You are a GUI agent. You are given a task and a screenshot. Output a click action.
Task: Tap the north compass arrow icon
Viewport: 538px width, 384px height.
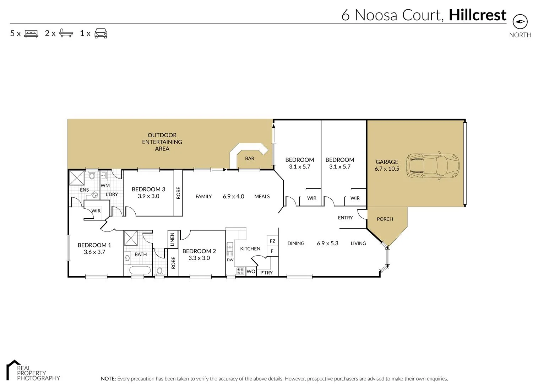tap(520, 22)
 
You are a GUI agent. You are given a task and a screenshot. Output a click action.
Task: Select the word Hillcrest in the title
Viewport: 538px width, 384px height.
tap(477, 15)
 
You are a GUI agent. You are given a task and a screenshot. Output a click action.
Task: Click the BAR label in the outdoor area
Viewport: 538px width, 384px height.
tap(250, 159)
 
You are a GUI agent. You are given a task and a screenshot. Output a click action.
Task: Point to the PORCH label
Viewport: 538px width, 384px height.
tap(385, 219)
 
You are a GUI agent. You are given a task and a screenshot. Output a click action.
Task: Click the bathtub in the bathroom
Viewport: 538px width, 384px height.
tap(140, 270)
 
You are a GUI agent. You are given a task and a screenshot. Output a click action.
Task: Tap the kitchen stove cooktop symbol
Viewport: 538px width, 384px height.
tap(240, 271)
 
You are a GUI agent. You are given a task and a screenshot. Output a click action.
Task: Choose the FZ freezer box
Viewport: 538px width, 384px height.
tap(272, 241)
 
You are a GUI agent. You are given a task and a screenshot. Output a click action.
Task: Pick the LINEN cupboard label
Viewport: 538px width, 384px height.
tap(172, 239)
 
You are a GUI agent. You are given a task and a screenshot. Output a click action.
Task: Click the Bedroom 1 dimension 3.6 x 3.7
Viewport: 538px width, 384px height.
tap(94, 252)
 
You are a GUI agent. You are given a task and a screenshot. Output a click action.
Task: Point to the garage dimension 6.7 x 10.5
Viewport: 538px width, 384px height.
tap(387, 169)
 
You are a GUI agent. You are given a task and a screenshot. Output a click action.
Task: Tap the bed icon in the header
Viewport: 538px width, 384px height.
tap(31, 33)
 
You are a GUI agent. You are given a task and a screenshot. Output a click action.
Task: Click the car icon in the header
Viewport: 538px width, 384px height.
tap(100, 33)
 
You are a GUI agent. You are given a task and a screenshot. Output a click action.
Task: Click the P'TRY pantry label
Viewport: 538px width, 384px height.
tap(266, 273)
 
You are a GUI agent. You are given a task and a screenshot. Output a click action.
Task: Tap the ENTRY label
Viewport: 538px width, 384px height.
tap(345, 218)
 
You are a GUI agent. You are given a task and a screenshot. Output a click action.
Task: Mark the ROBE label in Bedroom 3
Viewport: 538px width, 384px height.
tap(178, 193)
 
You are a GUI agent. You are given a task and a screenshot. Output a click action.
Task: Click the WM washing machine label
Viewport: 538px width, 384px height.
tap(105, 185)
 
